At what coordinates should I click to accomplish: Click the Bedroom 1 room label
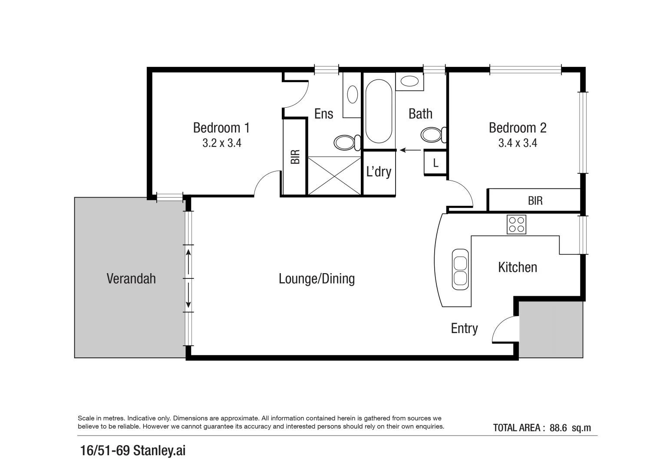point(221,128)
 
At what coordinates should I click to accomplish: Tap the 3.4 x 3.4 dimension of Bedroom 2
point(517,143)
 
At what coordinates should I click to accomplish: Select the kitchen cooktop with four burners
point(516,225)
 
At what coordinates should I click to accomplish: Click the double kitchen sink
point(460,270)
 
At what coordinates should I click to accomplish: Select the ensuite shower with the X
point(334,176)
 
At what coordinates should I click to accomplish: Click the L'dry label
point(379,172)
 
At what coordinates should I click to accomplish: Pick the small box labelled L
point(435,163)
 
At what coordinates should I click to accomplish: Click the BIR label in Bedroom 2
point(535,201)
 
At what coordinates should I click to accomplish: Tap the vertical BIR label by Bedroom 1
point(295,157)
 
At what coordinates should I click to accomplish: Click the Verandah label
point(131,278)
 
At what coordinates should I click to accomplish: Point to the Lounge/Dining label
point(317,278)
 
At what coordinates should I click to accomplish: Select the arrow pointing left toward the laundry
point(410,150)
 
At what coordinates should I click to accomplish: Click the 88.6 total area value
point(558,428)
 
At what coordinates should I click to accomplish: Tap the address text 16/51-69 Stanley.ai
point(133,450)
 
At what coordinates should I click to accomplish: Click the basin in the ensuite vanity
point(352,94)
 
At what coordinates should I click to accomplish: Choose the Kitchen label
point(517,267)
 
